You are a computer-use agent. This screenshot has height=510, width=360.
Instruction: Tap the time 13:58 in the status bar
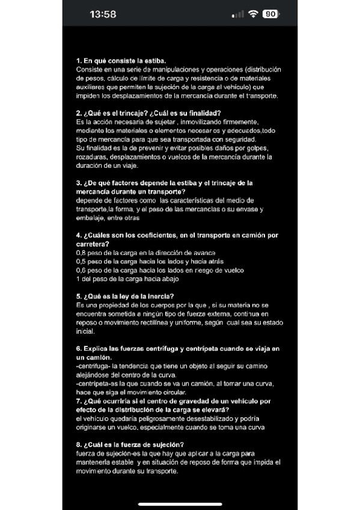pos(102,14)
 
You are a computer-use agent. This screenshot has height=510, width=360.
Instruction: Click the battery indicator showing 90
pos(271,14)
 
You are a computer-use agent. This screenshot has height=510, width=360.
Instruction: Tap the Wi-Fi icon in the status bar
pos(253,14)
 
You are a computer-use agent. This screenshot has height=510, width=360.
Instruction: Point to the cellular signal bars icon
pos(238,14)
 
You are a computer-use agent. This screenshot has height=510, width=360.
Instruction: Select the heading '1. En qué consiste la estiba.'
pos(121,61)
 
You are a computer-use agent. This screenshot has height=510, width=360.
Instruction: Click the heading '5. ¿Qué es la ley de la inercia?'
pos(125,296)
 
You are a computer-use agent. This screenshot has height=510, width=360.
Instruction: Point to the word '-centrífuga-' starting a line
pos(93,366)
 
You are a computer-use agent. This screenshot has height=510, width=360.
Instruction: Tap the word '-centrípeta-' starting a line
pos(94,384)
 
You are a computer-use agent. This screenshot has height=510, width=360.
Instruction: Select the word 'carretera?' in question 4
pos(93,244)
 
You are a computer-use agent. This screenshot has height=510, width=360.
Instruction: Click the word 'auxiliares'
pos(91,87)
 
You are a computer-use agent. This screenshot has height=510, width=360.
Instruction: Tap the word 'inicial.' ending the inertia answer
pos(86,331)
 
